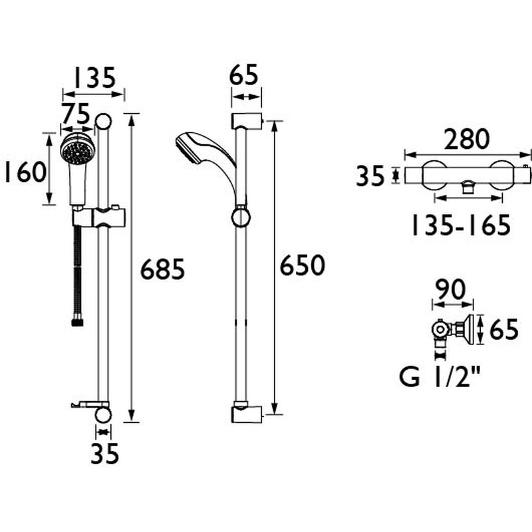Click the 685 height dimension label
tap(162, 270)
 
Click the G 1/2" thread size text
tap(440, 378)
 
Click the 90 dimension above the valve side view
tap(450, 290)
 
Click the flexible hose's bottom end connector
tap(76, 322)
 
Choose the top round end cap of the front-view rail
tap(104, 122)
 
